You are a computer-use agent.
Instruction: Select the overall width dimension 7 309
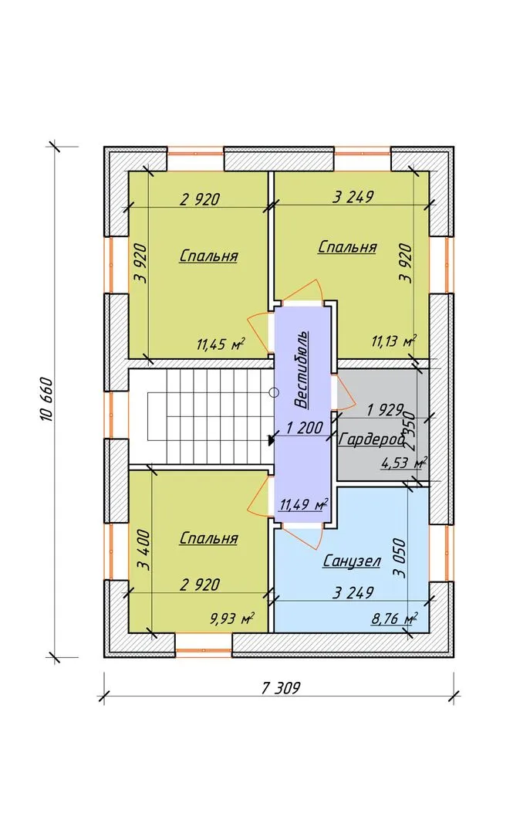(281, 688)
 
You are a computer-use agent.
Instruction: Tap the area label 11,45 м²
(221, 344)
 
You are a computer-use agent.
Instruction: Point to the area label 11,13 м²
(393, 341)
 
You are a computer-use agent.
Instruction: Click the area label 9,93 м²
(231, 619)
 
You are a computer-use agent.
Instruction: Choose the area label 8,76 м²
(394, 619)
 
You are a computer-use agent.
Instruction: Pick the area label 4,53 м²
(404, 463)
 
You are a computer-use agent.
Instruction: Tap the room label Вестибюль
(302, 369)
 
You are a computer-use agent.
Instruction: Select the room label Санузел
(352, 561)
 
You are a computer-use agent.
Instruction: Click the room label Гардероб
(371, 440)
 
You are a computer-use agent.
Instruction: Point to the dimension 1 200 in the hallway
(305, 427)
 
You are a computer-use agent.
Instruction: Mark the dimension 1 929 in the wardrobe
(386, 410)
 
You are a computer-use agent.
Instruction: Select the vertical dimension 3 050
(400, 558)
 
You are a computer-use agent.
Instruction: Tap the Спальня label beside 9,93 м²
(208, 537)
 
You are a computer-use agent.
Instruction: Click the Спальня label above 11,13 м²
(347, 247)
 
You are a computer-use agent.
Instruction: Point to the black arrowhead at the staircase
(272, 439)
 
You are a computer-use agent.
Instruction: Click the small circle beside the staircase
(274, 393)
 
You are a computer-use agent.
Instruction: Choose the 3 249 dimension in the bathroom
(353, 592)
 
